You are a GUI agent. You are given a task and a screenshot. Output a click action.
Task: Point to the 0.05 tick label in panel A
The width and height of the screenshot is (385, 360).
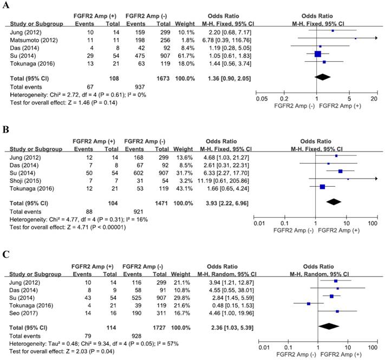(x=263, y=99)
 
